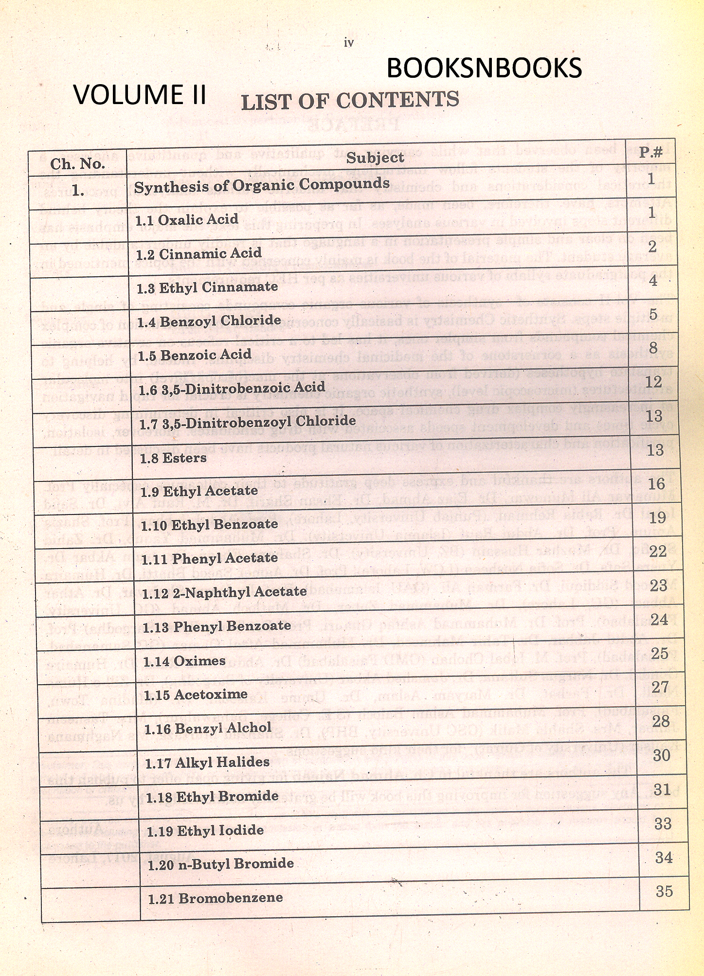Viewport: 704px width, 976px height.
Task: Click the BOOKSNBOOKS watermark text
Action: click(484, 68)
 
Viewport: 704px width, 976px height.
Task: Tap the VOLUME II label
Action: click(140, 94)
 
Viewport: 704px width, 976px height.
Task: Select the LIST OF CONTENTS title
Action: click(350, 100)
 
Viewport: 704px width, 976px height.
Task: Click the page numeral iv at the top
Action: click(348, 43)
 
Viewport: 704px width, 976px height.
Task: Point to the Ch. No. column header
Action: click(77, 164)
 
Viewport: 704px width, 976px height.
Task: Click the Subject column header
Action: click(375, 158)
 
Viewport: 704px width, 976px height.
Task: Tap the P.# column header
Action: click(650, 152)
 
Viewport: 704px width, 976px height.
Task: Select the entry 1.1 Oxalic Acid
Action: click(187, 220)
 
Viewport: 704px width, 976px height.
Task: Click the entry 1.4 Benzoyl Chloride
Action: click(209, 321)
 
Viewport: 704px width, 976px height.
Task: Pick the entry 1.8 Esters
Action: click(173, 458)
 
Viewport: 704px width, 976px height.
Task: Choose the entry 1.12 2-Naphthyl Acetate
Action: click(224, 592)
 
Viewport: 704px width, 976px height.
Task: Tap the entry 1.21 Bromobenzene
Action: click(215, 898)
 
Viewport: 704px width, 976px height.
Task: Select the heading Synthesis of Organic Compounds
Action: click(262, 185)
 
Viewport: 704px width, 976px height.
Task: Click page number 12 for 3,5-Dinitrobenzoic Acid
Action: click(654, 382)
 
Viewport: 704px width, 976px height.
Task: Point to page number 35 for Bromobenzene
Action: click(664, 891)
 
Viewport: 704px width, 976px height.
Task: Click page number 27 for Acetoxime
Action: click(660, 687)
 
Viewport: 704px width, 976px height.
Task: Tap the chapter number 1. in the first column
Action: click(78, 191)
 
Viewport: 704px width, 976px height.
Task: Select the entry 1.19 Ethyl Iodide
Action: click(205, 831)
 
